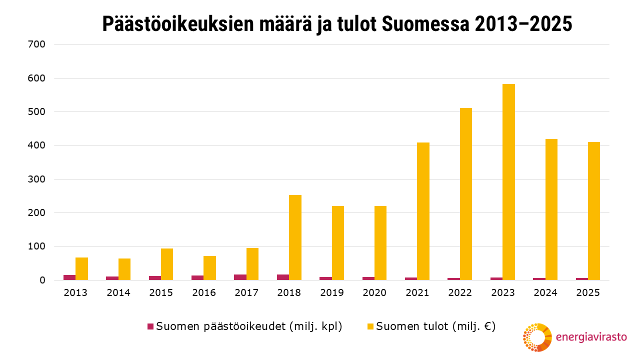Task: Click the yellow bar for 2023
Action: coord(508,182)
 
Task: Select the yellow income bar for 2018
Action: coord(295,237)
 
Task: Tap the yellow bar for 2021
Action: coord(423,211)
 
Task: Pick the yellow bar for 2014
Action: coord(124,269)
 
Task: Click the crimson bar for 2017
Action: coord(240,277)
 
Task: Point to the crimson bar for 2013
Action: coord(69,277)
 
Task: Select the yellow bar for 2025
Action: coord(594,211)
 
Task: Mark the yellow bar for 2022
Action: coord(466,194)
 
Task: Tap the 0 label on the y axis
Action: coord(42,280)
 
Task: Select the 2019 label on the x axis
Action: coord(331,293)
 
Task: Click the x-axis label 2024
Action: coord(545,293)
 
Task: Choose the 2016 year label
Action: coord(203,293)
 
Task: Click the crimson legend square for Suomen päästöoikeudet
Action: coord(150,326)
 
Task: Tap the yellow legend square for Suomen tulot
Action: coord(370,326)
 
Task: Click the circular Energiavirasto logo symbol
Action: coord(537,337)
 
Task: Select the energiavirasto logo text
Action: coord(591,337)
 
